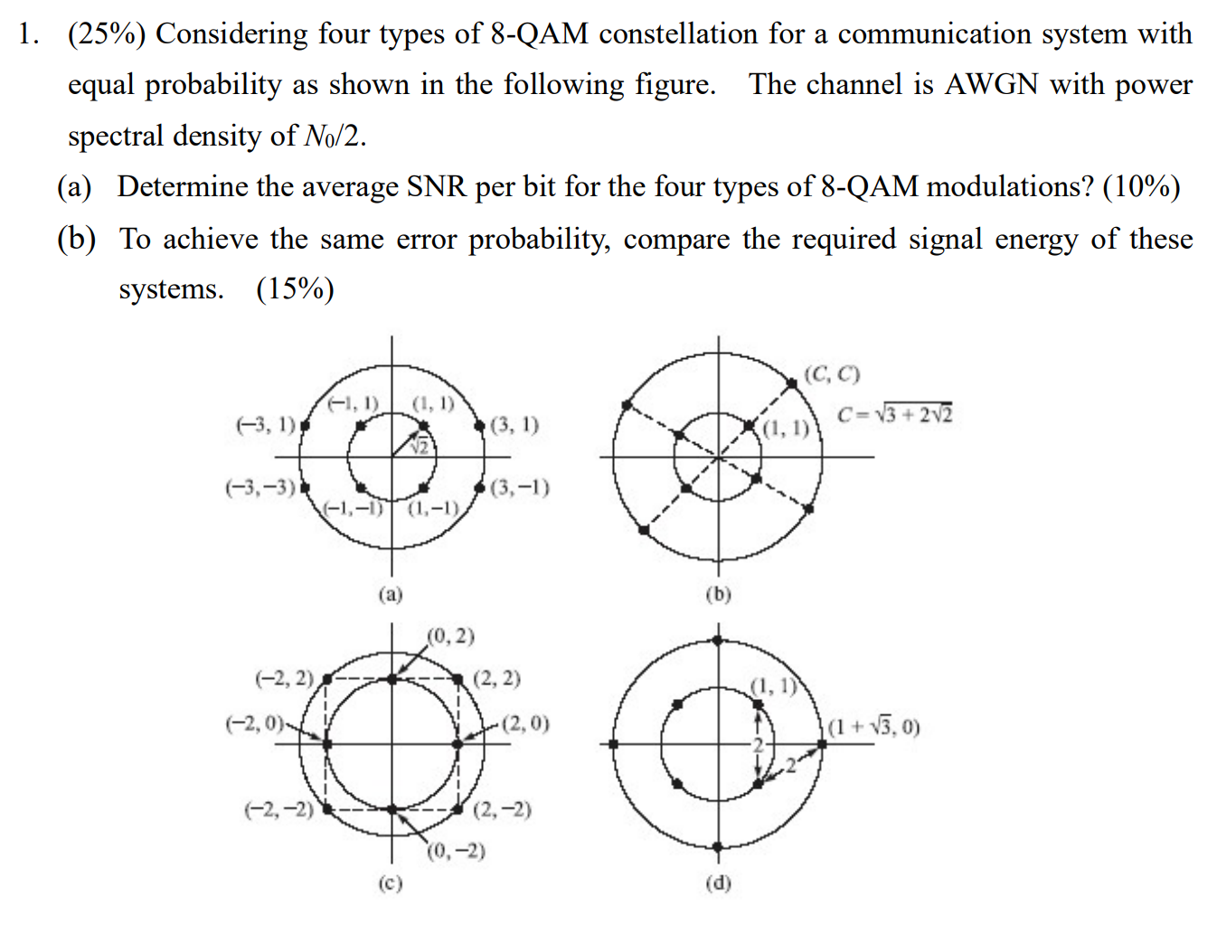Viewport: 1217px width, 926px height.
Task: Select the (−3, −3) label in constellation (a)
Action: (x=260, y=487)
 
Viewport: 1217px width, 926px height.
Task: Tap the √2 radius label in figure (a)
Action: (x=419, y=446)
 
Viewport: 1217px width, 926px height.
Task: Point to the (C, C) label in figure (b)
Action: (x=832, y=373)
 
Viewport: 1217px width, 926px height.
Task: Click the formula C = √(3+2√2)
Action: (x=894, y=414)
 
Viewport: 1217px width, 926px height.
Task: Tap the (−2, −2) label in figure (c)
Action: (x=278, y=808)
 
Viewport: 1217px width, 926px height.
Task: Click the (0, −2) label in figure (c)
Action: (x=457, y=851)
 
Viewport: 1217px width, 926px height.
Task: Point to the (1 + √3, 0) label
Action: (x=874, y=726)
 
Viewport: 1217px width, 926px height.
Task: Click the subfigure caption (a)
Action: (x=391, y=594)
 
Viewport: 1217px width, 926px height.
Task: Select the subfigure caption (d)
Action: (x=718, y=883)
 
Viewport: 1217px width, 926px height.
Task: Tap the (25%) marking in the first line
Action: (x=107, y=33)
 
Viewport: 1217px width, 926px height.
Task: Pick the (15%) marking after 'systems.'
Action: (x=296, y=288)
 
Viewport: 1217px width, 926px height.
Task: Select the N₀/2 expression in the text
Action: (x=334, y=136)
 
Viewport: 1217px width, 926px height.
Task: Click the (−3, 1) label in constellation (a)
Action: (x=266, y=424)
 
